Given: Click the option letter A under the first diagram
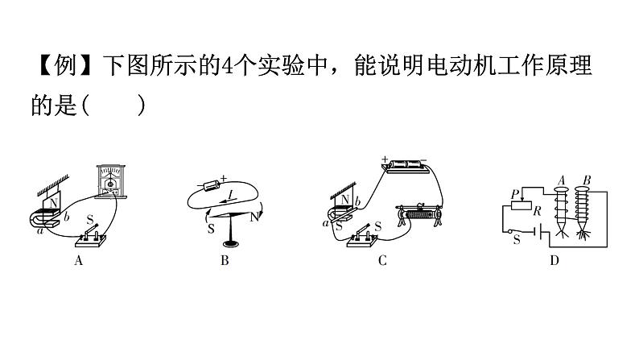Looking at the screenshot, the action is pyautogui.click(x=78, y=260).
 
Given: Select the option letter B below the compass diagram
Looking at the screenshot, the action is pyautogui.click(x=225, y=260).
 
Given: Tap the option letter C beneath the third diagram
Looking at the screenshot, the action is pyautogui.click(x=382, y=260).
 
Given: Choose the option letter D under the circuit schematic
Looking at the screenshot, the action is pyautogui.click(x=554, y=260).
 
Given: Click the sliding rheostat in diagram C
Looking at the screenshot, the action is pyautogui.click(x=419, y=215).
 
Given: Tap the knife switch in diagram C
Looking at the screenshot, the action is pyautogui.click(x=361, y=239).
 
